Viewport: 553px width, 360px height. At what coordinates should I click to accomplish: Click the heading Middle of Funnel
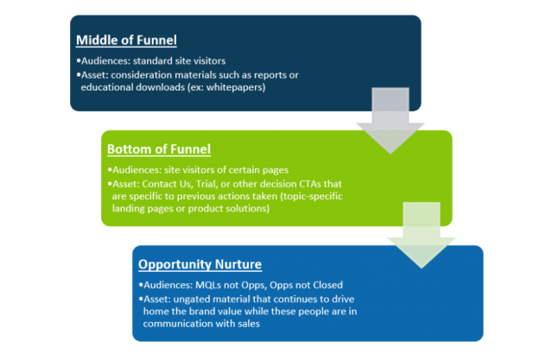click(x=126, y=41)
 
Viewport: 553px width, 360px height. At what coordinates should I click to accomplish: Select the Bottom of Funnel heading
click(x=159, y=149)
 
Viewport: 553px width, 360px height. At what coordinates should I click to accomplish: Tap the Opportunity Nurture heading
click(x=200, y=264)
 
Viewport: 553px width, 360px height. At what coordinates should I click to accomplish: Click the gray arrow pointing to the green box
click(x=391, y=121)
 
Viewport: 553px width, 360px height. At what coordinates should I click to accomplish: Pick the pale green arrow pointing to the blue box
click(x=422, y=236)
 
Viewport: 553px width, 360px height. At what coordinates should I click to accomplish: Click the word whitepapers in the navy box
click(x=234, y=87)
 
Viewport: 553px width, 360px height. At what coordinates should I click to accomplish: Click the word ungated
click(x=192, y=300)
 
